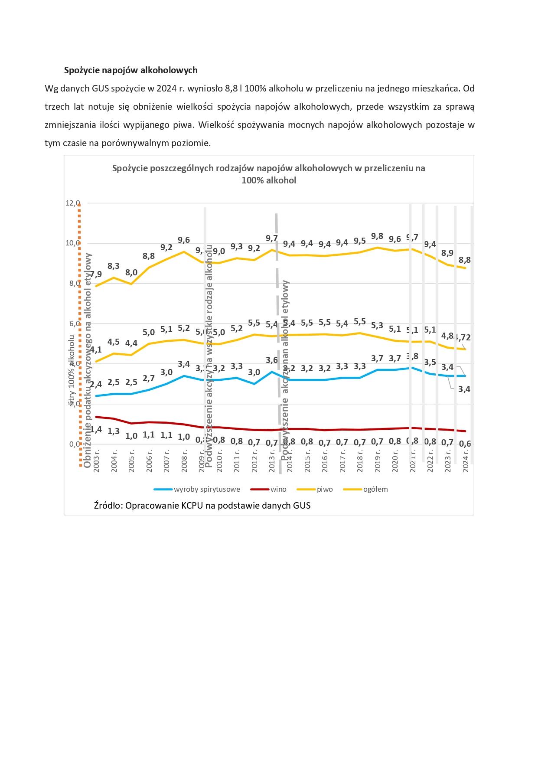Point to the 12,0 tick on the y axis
tap(72, 203)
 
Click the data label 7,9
tap(96, 274)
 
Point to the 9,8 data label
tap(377, 236)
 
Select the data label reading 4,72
tap(463, 337)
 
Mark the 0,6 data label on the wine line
tap(465, 444)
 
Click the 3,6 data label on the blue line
tap(272, 360)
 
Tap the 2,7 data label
tap(149, 379)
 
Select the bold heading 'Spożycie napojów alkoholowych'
tap(131, 70)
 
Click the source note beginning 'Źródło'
tap(202, 505)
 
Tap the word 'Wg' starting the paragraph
tap(51, 88)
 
